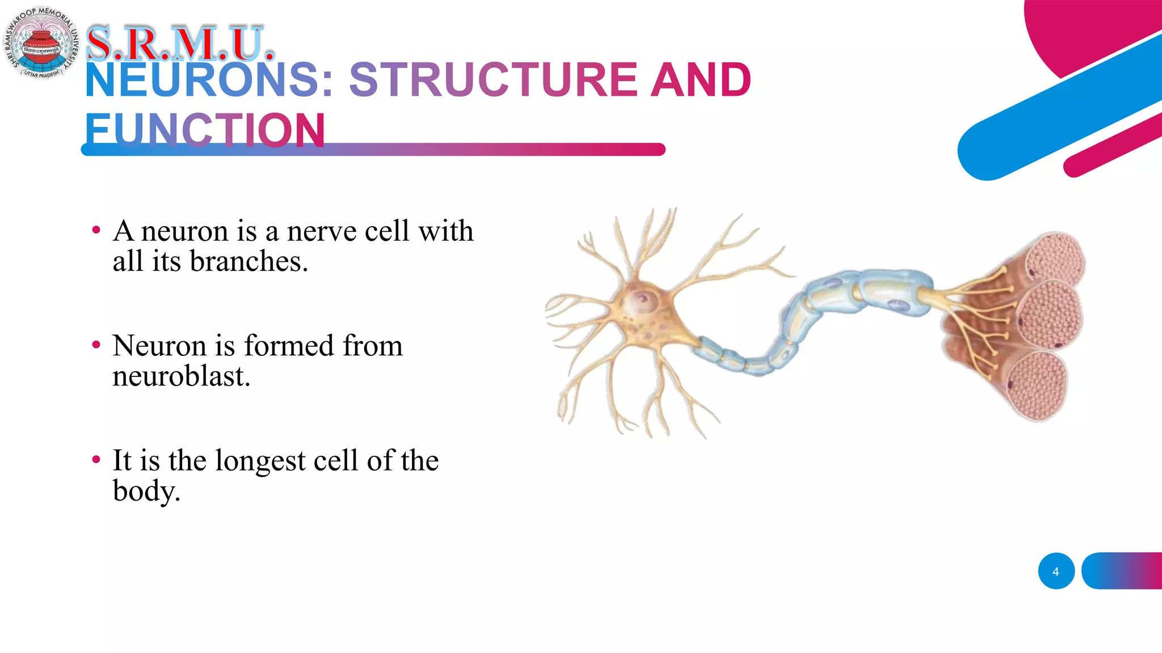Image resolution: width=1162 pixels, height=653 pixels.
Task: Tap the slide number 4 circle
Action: [1056, 571]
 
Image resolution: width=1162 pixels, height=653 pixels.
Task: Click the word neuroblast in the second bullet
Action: [181, 376]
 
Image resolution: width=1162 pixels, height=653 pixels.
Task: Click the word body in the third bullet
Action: [145, 491]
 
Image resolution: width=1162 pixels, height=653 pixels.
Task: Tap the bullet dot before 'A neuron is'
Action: [96, 230]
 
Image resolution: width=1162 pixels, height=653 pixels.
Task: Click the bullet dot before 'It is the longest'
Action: [96, 460]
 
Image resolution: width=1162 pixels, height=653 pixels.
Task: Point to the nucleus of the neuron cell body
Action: [643, 298]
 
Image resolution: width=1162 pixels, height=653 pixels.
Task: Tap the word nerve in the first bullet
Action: [321, 231]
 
